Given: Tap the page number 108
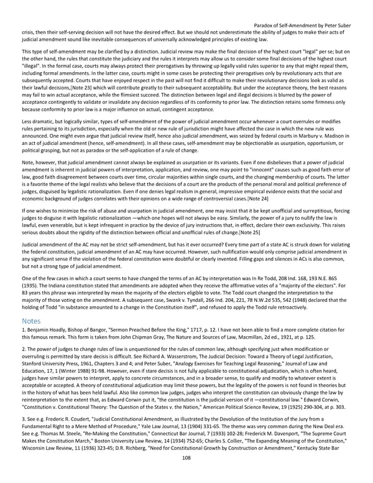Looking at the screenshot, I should [186, 474].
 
